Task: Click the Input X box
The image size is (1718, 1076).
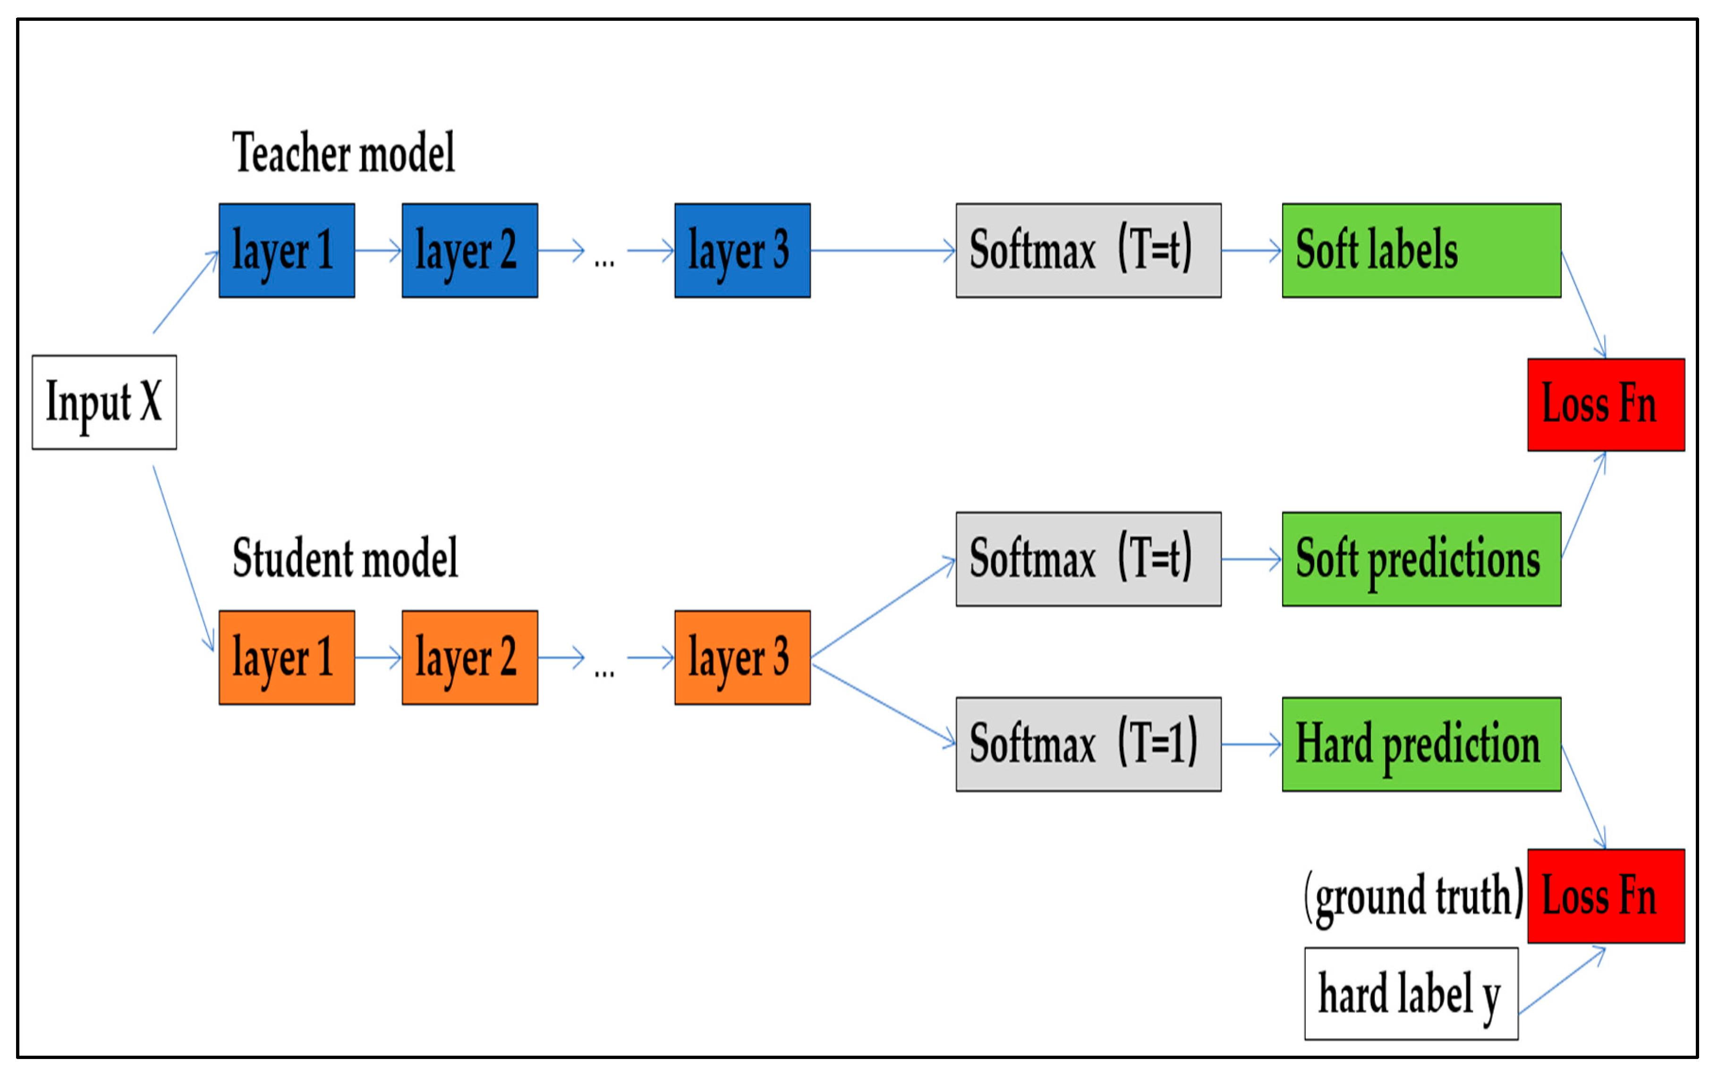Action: click(x=104, y=402)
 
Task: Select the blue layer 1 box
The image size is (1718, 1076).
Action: click(x=287, y=250)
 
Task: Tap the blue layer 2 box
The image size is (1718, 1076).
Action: click(x=469, y=250)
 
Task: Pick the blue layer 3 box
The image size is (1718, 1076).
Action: click(x=742, y=250)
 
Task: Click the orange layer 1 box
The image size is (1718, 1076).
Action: click(x=287, y=658)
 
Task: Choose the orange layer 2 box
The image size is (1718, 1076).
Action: click(x=469, y=658)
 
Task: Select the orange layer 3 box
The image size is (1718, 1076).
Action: click(x=742, y=658)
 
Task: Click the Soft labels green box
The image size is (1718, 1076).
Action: click(x=1420, y=250)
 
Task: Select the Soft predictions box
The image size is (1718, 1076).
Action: click(x=1420, y=559)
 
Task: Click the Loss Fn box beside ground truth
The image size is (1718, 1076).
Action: click(x=1606, y=896)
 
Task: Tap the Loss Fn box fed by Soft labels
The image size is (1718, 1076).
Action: click(x=1606, y=405)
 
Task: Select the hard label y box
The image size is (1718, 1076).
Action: click(x=1411, y=993)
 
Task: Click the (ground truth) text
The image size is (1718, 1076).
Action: click(x=1413, y=897)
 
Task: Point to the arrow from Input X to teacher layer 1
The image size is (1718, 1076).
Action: click(x=185, y=292)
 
